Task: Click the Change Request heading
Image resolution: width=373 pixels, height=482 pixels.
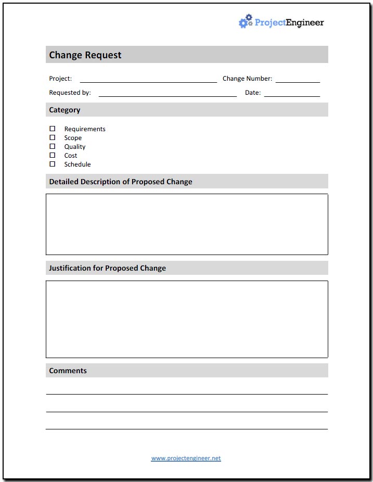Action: click(x=85, y=55)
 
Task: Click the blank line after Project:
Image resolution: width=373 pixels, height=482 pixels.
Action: click(x=148, y=79)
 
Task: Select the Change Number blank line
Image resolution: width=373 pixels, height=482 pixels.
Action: click(x=298, y=79)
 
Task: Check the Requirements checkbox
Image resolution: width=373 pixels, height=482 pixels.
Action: click(x=52, y=129)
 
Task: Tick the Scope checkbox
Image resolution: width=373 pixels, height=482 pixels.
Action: click(x=52, y=137)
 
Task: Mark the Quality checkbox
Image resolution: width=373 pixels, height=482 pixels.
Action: click(x=52, y=146)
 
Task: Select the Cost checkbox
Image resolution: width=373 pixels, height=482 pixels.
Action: click(x=52, y=155)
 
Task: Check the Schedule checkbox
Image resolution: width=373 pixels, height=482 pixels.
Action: click(x=52, y=164)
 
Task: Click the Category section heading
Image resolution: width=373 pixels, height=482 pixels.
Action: click(x=65, y=110)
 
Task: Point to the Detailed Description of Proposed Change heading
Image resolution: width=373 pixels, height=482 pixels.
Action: click(x=121, y=182)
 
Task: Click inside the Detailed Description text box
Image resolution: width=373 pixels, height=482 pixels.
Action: click(x=187, y=224)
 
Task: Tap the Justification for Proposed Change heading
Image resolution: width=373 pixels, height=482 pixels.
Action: click(x=107, y=268)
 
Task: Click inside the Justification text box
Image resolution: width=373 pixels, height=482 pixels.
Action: click(x=187, y=319)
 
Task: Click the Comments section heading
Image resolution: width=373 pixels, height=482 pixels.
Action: click(x=68, y=371)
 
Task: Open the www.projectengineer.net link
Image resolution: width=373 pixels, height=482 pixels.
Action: click(x=186, y=458)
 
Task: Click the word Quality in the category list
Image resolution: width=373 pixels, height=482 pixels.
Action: click(x=75, y=147)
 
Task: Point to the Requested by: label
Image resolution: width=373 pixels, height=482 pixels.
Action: click(x=70, y=93)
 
